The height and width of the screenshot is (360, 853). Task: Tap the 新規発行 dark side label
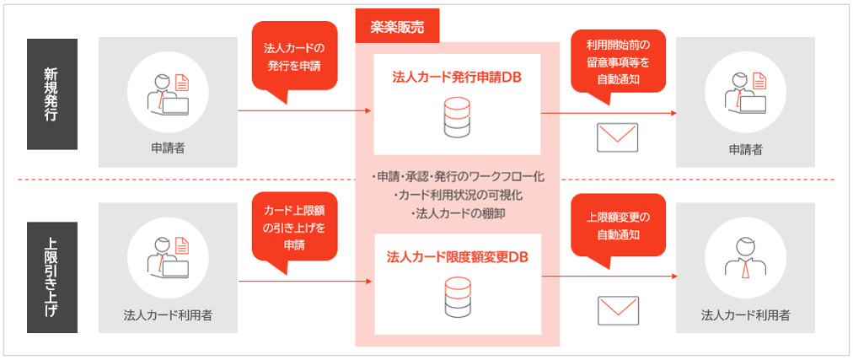click(51, 94)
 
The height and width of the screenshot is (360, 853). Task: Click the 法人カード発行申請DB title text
click(458, 77)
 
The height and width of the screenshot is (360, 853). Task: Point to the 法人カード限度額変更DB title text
click(458, 256)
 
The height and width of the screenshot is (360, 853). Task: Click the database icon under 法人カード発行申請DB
click(457, 116)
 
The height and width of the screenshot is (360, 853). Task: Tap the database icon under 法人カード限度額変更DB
click(457, 295)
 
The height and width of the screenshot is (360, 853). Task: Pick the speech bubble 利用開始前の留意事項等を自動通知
click(619, 59)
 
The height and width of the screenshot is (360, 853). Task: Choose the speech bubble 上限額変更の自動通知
click(618, 223)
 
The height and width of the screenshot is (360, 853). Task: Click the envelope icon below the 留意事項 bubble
click(617, 137)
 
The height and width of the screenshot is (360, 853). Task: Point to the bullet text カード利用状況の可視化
click(458, 196)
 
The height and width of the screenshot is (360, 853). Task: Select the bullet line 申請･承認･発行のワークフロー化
click(458, 177)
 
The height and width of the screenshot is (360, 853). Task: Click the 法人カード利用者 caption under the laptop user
click(168, 316)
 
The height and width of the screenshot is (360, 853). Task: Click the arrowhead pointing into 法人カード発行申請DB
click(367, 111)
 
